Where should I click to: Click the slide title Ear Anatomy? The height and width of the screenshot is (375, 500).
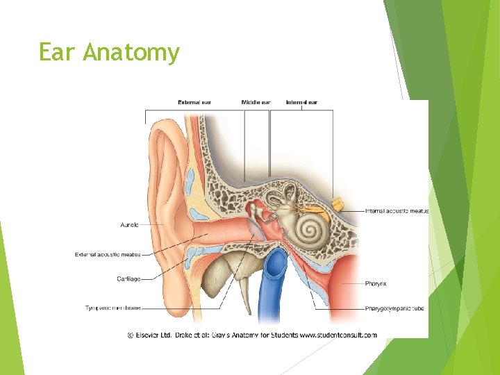(x=109, y=53)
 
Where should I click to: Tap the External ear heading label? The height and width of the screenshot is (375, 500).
(x=194, y=103)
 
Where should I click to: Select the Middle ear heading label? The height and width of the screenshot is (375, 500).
(x=256, y=103)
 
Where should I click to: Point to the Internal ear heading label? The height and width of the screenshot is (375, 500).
(x=301, y=103)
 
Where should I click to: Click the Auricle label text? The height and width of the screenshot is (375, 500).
(x=130, y=224)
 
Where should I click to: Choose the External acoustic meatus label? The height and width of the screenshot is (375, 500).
(x=108, y=255)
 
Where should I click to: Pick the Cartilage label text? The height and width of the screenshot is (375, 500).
(x=128, y=279)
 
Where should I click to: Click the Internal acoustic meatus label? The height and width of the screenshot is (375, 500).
(x=397, y=211)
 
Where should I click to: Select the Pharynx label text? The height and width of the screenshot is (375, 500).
(x=377, y=284)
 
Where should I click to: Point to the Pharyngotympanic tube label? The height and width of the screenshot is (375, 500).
(x=394, y=308)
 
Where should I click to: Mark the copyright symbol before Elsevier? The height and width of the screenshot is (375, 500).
(x=130, y=334)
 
